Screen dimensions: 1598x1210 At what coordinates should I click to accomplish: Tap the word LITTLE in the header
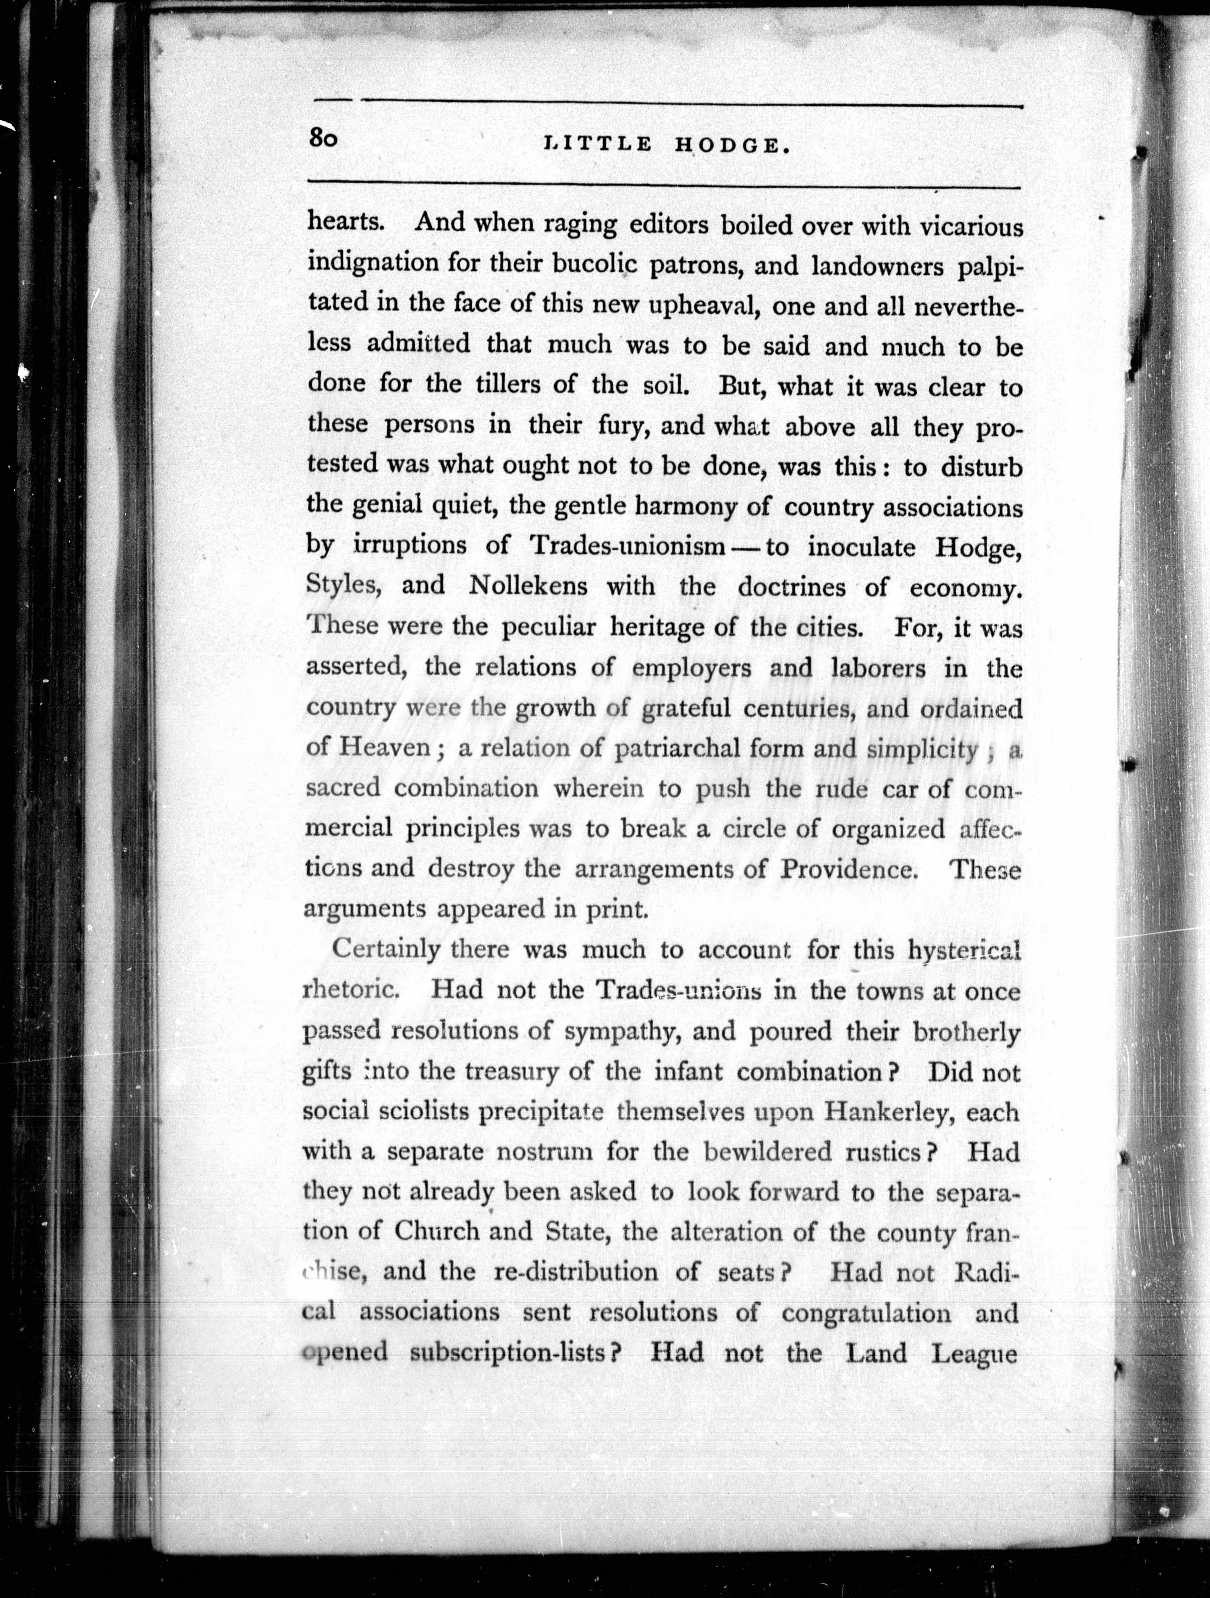pyautogui.click(x=597, y=144)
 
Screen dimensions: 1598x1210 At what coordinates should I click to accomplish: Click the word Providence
pyautogui.click(x=849, y=868)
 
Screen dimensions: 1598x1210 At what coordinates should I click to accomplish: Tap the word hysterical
pyautogui.click(x=963, y=951)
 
